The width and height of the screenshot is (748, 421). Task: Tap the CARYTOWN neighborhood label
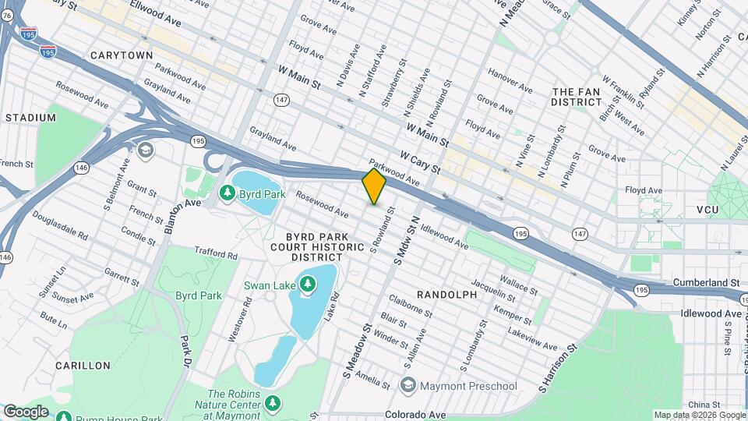[x=121, y=55]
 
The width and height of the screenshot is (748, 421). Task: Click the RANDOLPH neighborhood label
[x=446, y=295]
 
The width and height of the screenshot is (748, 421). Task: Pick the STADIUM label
[x=30, y=118]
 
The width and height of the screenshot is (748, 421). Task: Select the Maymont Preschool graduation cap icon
[x=408, y=385]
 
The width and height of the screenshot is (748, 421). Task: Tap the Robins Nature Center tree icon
[x=272, y=403]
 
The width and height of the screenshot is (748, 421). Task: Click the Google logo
[x=26, y=411]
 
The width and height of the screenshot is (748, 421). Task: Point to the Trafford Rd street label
[x=216, y=253]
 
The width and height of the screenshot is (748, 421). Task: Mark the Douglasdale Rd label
[x=60, y=235]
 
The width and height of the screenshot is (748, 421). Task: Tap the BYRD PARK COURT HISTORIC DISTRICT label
[x=324, y=246]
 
